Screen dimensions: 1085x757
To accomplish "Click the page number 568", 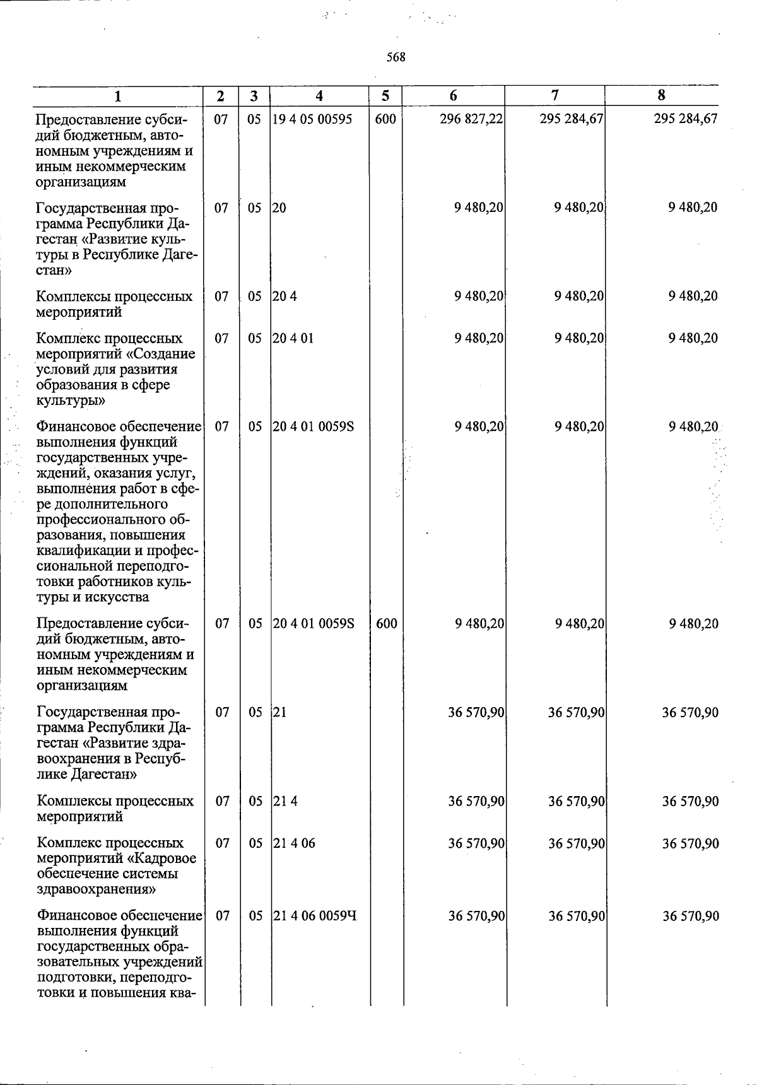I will pos(396,57).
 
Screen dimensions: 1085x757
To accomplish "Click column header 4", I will pos(319,96).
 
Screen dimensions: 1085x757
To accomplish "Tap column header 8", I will pos(661,95).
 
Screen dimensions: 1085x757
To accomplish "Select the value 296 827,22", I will pos(471,119).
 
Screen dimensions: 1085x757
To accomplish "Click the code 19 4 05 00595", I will pos(312,119).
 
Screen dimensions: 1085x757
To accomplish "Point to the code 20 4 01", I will pos(293,338).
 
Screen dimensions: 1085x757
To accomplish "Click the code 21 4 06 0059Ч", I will pos(315,915).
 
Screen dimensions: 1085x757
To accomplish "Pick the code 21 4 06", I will pos(294,843).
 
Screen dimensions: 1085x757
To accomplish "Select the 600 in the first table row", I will pos(385,119).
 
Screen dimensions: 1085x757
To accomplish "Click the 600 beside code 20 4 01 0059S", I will pos(386,624).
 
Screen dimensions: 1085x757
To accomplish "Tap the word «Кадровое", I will pos(165,859).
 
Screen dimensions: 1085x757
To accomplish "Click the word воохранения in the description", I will pos(79,758).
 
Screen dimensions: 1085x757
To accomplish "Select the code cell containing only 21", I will pos(280,713).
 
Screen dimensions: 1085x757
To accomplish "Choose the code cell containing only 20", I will pos(279,208).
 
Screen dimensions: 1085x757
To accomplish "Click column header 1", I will pos(118,97).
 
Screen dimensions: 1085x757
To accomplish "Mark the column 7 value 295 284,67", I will pos(572,119).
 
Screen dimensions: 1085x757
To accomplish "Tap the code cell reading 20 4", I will pos(285,296).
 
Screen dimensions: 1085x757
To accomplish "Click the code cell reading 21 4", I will pos(285,802).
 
